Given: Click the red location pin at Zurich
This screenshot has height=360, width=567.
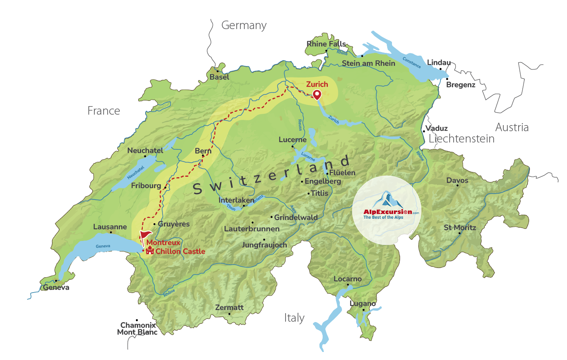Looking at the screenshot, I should (317, 94).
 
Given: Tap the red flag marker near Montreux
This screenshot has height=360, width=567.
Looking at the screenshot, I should (145, 235).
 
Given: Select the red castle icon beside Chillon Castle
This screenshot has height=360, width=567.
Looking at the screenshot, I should (150, 251).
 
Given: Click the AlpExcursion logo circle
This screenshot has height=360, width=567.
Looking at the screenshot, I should (387, 210).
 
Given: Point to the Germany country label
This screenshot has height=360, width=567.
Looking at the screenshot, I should (244, 25).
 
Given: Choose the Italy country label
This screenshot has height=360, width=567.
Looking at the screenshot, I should (294, 318).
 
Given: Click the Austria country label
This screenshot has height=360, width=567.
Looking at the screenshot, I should (512, 128).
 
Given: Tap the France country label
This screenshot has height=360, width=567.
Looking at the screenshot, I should (104, 111).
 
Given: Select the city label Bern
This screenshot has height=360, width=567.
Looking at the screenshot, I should (203, 151).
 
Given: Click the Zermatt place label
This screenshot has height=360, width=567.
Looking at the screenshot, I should (229, 308).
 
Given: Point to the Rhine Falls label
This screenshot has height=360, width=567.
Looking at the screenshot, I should (326, 44).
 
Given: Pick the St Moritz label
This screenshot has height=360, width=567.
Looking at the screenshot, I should (460, 228).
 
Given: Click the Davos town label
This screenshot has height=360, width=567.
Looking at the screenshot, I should (457, 180).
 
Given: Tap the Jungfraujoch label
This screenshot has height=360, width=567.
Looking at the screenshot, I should (264, 245).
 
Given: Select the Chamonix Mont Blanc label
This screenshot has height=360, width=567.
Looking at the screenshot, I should (138, 329).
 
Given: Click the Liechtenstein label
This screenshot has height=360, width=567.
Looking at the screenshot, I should (461, 139).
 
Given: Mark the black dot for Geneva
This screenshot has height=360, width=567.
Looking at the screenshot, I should (56, 281).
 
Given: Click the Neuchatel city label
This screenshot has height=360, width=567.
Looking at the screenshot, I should (145, 151).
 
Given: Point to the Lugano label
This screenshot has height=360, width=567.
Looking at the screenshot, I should (363, 303).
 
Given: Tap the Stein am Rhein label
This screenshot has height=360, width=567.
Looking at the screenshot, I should (369, 63).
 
